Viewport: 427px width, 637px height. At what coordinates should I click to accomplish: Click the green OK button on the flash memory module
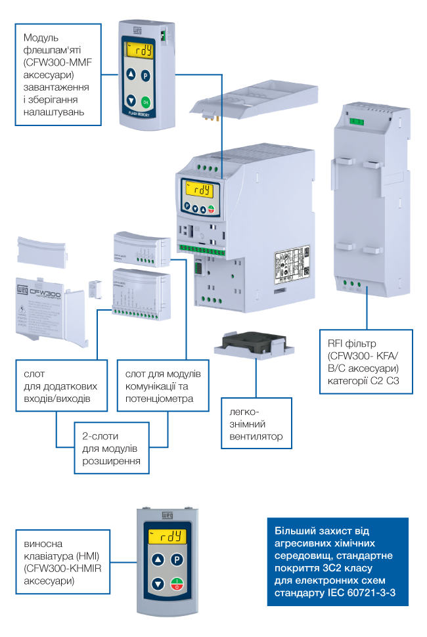146,101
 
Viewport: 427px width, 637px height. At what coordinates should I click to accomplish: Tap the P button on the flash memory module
146,75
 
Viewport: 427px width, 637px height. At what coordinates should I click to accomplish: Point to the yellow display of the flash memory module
139,50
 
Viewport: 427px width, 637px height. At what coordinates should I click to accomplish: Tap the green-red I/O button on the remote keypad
177,585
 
